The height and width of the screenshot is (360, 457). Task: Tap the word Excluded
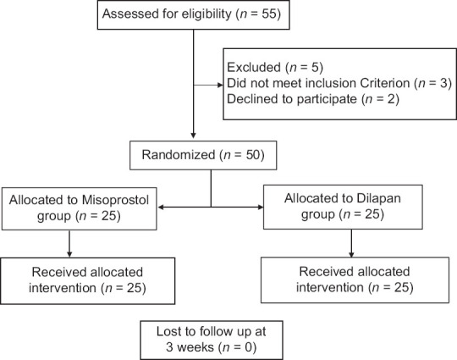click(254, 67)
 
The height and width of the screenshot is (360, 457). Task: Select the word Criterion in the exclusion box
click(385, 83)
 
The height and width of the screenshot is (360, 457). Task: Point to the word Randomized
click(179, 155)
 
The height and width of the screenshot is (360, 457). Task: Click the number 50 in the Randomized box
click(252, 155)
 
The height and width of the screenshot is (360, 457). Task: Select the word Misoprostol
click(115, 200)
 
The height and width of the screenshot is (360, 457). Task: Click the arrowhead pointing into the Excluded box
click(220, 85)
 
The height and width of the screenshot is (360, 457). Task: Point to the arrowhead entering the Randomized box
click(193, 136)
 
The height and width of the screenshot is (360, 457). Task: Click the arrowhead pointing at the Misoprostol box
click(161, 208)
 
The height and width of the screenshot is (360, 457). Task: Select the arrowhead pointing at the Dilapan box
click(261, 208)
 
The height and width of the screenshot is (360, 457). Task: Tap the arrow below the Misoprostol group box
click(69, 244)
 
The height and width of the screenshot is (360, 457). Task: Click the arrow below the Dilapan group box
click(351, 243)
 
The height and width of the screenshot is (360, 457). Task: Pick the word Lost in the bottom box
click(169, 331)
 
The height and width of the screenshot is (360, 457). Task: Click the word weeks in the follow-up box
click(195, 347)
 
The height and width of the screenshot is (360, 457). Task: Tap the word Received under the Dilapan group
click(326, 272)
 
